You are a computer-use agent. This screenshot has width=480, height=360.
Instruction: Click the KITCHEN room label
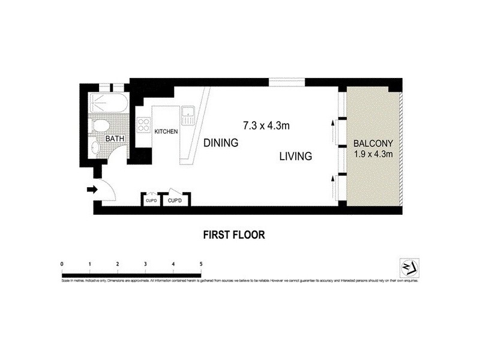(x=166, y=131)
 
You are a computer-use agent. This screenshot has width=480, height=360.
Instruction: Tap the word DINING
(x=221, y=143)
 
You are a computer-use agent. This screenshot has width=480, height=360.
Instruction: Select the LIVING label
(x=296, y=157)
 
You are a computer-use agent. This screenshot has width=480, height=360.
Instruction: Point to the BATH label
(x=115, y=139)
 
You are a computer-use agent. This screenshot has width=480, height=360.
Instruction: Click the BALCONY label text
(x=373, y=144)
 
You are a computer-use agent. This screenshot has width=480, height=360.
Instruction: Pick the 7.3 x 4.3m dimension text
(x=266, y=126)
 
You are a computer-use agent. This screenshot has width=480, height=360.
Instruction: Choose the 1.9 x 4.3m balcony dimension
(x=373, y=155)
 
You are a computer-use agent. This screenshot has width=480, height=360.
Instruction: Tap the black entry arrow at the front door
(x=92, y=190)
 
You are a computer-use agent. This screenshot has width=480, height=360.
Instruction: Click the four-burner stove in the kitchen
(x=144, y=125)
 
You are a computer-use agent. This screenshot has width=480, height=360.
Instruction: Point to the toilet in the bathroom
(x=100, y=127)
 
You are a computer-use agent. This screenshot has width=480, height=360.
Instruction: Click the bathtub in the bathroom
(x=109, y=104)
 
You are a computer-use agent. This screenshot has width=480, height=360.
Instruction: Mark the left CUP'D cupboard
(x=151, y=200)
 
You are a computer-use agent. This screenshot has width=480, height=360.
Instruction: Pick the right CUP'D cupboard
(x=175, y=200)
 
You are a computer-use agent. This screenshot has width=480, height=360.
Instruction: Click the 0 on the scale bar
(x=62, y=264)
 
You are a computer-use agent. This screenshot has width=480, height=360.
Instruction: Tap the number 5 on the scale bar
(x=201, y=264)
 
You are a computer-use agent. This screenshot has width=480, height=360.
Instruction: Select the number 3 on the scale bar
(x=145, y=264)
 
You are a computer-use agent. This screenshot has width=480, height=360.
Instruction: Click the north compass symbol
(x=409, y=266)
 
